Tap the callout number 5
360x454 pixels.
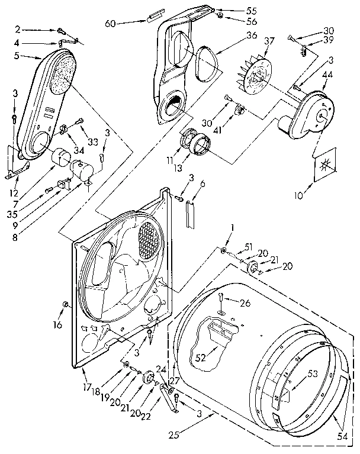[x=18, y=56]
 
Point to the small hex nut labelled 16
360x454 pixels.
[x=66, y=305]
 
